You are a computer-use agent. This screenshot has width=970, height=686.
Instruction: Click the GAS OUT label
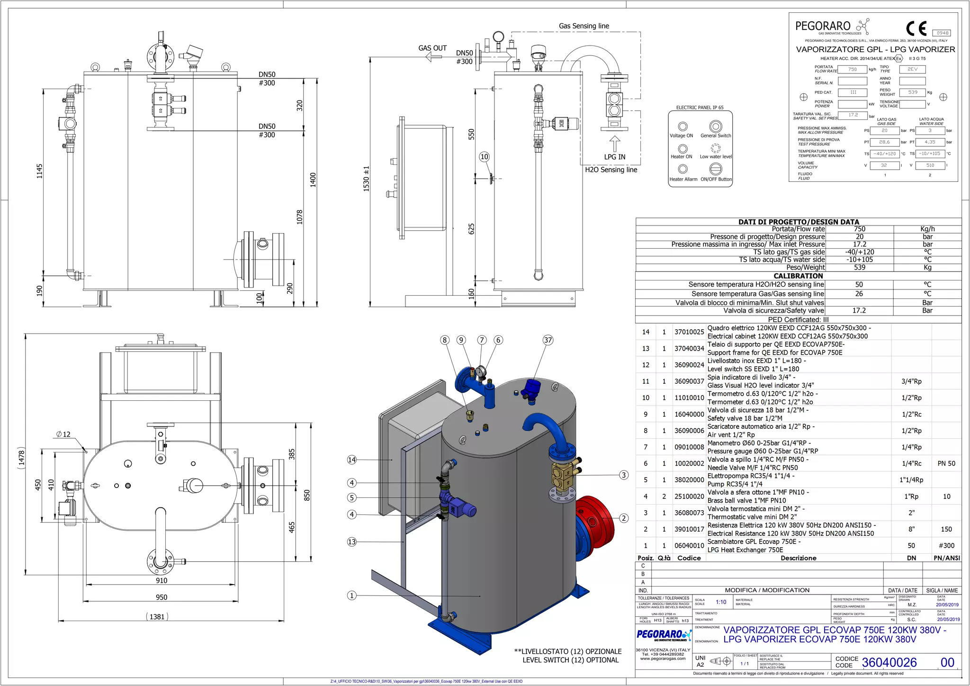[x=432, y=48]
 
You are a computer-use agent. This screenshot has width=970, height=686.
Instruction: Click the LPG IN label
[x=614, y=157]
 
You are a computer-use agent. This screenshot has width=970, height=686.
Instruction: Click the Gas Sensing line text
[x=584, y=26]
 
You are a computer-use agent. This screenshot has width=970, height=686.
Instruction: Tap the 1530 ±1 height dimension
[x=366, y=178]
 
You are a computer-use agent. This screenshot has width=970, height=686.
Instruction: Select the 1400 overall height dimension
[x=313, y=180]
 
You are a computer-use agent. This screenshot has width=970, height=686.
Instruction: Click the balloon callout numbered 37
[x=548, y=340]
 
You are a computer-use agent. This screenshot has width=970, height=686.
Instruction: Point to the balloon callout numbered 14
[x=351, y=460]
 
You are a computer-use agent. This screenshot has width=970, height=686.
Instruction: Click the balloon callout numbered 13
[x=351, y=542]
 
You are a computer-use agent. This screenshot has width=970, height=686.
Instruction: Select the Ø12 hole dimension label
[x=63, y=434]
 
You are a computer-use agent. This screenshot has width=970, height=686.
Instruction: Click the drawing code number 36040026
[x=889, y=662]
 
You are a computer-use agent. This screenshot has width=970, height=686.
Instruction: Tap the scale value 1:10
[x=721, y=602]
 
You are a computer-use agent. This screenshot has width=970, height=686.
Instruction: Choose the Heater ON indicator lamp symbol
[x=682, y=149]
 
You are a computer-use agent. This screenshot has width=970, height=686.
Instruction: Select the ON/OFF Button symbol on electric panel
[x=716, y=169]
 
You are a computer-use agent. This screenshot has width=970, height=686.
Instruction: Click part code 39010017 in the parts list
[x=689, y=529]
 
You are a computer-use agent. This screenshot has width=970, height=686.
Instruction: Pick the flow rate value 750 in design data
[x=859, y=229]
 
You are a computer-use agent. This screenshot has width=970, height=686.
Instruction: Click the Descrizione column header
[x=798, y=558]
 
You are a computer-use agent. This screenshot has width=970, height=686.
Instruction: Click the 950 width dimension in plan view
[x=162, y=597]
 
